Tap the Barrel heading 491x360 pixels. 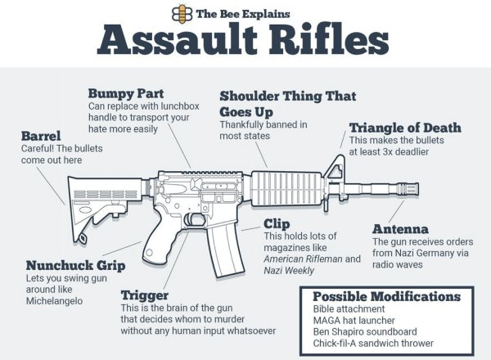41,136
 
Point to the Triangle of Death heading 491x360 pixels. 405,128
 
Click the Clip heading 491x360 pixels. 276,223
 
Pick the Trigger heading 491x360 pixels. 145,295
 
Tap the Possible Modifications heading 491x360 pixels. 386,296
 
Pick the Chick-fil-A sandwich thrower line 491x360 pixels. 373,344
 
